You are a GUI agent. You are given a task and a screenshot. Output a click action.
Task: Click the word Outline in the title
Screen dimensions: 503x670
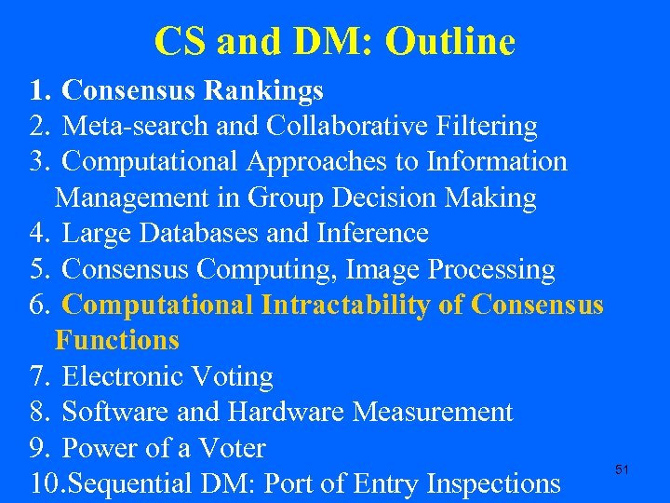pyautogui.click(x=449, y=41)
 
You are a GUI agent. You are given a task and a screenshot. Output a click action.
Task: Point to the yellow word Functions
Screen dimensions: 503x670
pyautogui.click(x=117, y=340)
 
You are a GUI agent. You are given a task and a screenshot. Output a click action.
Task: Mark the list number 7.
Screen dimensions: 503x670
pyautogui.click(x=38, y=376)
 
